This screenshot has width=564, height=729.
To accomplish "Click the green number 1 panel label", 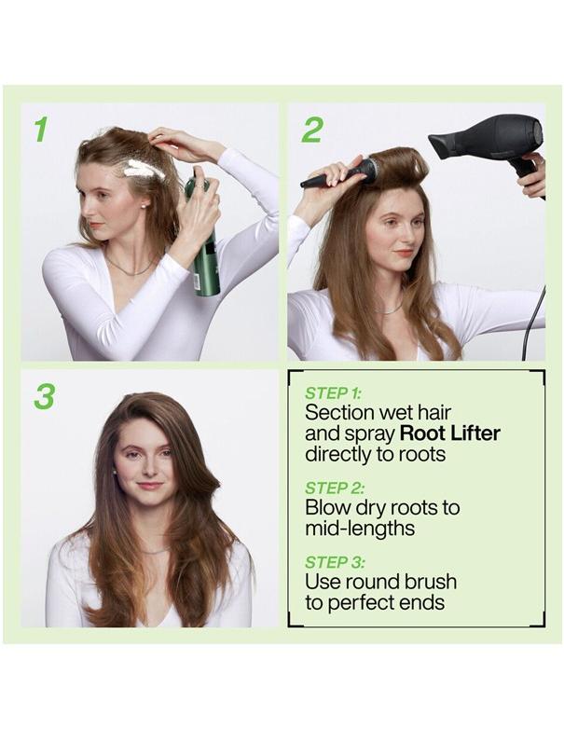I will click(x=40, y=131).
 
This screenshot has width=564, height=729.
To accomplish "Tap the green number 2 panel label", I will click(x=311, y=131).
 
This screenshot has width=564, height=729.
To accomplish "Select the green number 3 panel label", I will click(x=44, y=395).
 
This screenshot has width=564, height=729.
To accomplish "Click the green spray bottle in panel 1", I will click(x=204, y=252).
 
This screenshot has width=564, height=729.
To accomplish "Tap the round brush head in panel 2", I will click(x=365, y=171).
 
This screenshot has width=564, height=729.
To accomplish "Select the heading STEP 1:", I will click(x=333, y=392).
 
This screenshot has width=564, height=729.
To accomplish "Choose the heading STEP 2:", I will click(x=335, y=488).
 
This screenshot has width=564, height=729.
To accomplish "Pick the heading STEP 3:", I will click(x=335, y=562).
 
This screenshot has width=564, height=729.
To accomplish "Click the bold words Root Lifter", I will click(x=450, y=433).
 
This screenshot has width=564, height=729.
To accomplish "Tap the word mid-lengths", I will click(x=360, y=529).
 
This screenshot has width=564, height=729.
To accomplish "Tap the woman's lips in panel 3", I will click(x=149, y=486).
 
